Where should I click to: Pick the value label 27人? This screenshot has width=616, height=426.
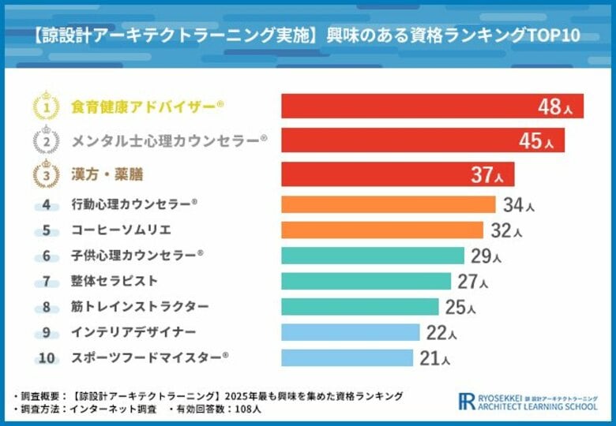pyautogui.click(x=472, y=282)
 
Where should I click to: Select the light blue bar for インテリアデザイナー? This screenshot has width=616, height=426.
pyautogui.click(x=350, y=332)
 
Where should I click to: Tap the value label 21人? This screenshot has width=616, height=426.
pyautogui.click(x=434, y=358)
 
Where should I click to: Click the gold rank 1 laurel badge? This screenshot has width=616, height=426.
pyautogui.click(x=47, y=106)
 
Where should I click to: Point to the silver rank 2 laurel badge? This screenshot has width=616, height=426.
pyautogui.click(x=47, y=140)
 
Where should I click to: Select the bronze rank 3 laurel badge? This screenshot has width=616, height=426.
pyautogui.click(x=47, y=174)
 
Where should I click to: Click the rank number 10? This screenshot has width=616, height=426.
pyautogui.click(x=47, y=358)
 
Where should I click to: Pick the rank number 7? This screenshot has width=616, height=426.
pyautogui.click(x=47, y=282)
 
